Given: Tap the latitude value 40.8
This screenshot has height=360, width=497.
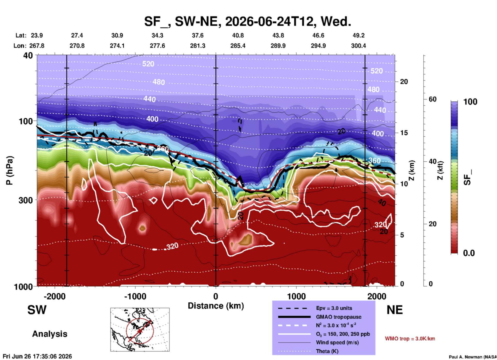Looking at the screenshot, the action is pyautogui.click(x=238, y=35).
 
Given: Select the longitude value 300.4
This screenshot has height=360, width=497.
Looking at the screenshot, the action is pyautogui.click(x=358, y=46).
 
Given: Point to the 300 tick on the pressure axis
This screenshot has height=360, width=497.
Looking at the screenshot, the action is pyautogui.click(x=26, y=200).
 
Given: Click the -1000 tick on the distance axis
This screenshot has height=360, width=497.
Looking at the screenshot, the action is pyautogui.click(x=135, y=296).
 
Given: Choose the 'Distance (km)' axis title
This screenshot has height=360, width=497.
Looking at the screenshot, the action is pyautogui.click(x=216, y=306).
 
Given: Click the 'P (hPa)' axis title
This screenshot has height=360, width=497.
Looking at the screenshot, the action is pyautogui.click(x=10, y=170).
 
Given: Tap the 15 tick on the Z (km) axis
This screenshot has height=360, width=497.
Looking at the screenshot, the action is pyautogui.click(x=404, y=133).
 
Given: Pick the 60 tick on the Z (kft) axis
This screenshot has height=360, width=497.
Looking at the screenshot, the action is pyautogui.click(x=432, y=99).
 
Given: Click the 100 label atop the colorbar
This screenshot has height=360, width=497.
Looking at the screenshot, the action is pyautogui.click(x=470, y=102).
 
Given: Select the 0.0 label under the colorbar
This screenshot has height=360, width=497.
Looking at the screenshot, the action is pyautogui.click(x=469, y=253).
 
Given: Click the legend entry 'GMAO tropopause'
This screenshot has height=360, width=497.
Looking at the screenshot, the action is pyautogui.click(x=339, y=317).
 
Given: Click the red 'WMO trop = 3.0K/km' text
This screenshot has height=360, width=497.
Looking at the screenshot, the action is pyautogui.click(x=410, y=339).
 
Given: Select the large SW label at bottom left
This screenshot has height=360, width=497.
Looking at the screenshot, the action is pyautogui.click(x=37, y=310).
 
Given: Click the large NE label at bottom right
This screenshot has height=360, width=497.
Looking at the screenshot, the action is pyautogui.click(x=395, y=310).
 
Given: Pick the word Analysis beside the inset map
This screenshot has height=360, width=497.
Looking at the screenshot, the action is pyautogui.click(x=50, y=334).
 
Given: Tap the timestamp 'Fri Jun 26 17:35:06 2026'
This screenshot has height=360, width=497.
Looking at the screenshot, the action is pyautogui.click(x=37, y=356).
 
